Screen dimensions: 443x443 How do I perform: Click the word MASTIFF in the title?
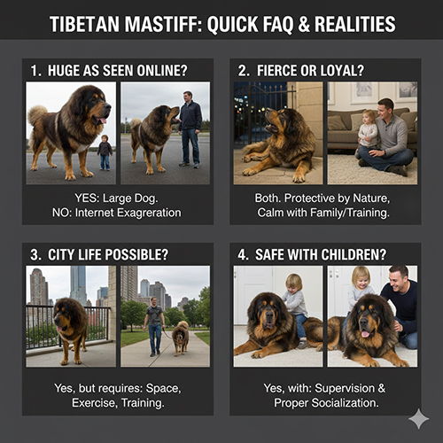click(163, 24)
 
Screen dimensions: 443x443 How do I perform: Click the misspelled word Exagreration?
click(128, 213)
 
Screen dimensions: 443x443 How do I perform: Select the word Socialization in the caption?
click(346, 403)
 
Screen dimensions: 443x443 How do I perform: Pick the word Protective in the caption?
click(309, 198)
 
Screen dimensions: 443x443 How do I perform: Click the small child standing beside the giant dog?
click(105, 152)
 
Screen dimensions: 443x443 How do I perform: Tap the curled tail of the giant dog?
click(37, 114)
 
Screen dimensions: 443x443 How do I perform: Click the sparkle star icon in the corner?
click(419, 419)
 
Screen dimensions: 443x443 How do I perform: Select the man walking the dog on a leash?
click(154, 326)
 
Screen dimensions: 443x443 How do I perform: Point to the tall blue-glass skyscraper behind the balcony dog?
click(78, 284)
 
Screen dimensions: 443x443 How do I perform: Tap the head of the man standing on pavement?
click(188, 97)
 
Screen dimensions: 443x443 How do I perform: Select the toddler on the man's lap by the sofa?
click(366, 132)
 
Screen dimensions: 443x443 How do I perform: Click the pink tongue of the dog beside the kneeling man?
click(366, 334)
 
